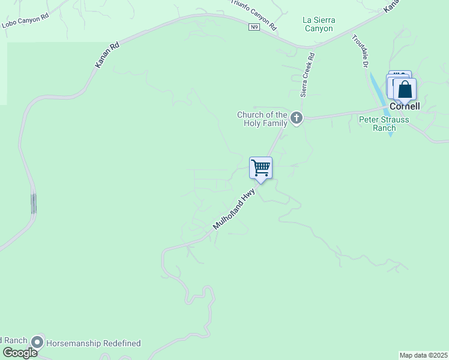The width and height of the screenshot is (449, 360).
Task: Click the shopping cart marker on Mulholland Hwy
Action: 261,168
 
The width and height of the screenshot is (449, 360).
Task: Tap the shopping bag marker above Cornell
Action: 405,91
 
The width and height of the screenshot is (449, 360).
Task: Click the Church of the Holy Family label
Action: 262,119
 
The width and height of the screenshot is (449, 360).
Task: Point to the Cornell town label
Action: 405,106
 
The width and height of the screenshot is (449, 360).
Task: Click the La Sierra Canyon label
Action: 318,24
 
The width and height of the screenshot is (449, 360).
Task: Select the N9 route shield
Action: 255,27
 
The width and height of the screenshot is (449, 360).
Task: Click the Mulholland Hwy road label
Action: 234,209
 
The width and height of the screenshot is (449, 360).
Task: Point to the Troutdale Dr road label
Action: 360,52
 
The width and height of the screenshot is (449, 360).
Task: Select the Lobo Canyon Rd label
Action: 25,21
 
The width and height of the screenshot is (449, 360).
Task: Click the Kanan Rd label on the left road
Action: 107,54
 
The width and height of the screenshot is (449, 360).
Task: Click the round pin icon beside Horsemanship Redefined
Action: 38,342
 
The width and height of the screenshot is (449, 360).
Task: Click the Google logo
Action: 20,353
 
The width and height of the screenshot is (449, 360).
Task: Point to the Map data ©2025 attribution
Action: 423,355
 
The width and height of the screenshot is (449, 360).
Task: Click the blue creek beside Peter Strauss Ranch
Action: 381,96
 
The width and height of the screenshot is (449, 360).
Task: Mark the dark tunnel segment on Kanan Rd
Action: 34,204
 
